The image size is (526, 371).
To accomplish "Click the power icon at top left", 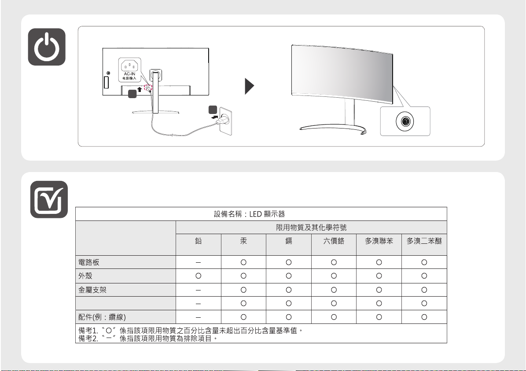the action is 47,47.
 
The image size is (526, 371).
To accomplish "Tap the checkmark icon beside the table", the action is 49,199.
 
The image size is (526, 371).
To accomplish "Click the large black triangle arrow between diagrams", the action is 250,87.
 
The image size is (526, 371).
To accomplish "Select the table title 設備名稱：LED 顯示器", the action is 249,214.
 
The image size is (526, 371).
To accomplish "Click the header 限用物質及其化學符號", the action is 311,228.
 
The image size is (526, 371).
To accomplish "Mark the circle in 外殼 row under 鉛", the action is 198,276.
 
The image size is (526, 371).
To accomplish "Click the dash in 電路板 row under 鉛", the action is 198,262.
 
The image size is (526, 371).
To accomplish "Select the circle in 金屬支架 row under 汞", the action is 243,290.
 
